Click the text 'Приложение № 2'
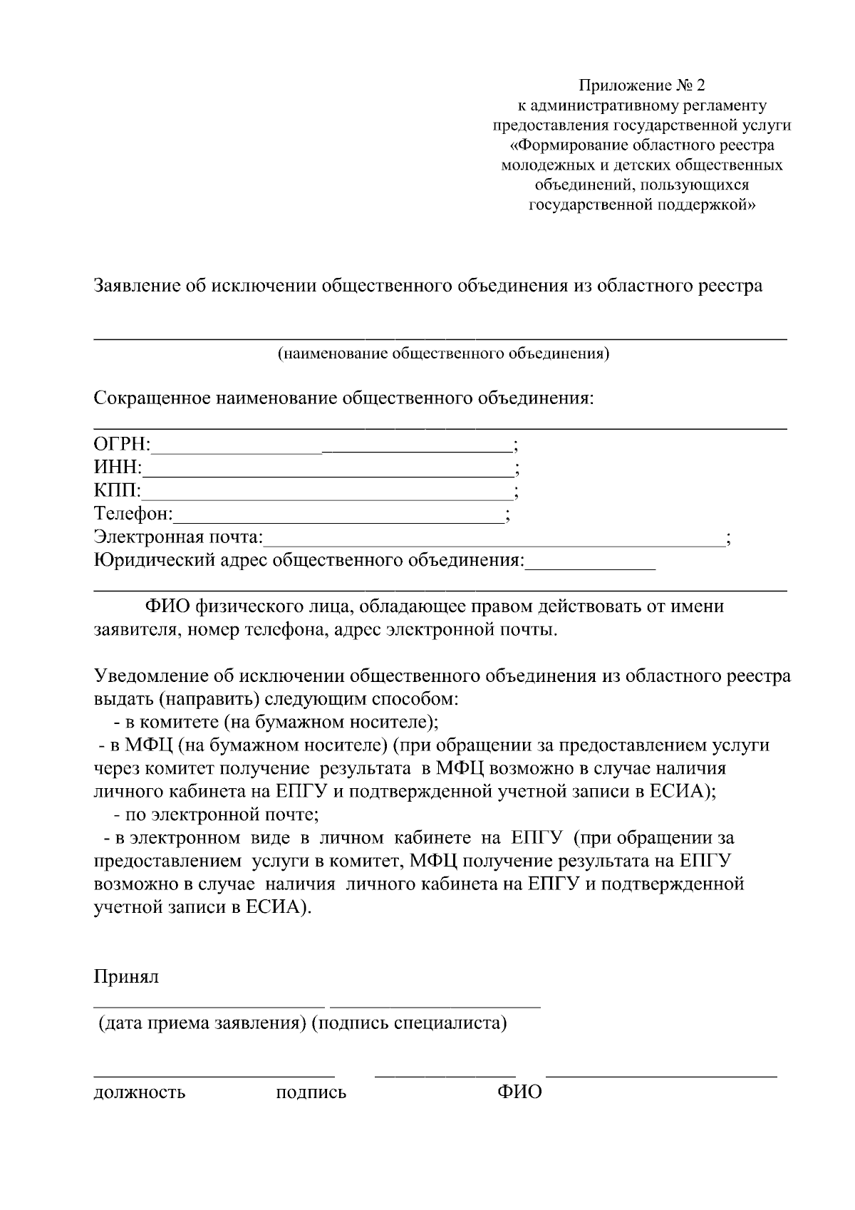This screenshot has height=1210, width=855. (x=641, y=86)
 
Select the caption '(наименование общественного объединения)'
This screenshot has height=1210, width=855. (x=443, y=353)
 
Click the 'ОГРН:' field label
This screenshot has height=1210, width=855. (x=122, y=445)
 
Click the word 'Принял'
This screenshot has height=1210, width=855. (x=126, y=976)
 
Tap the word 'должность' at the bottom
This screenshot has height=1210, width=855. (x=140, y=1092)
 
